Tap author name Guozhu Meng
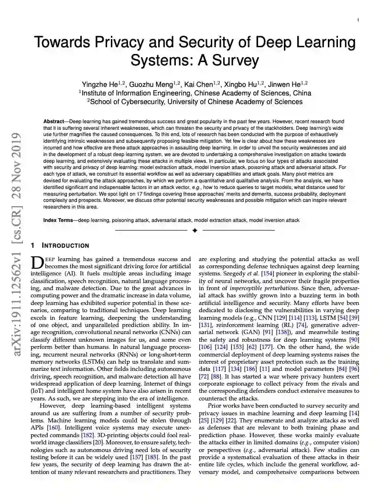(152, 84)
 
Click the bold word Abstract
(54, 122)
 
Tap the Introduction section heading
(65, 246)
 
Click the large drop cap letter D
(37, 262)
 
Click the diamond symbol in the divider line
(195, 231)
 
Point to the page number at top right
(358, 20)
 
